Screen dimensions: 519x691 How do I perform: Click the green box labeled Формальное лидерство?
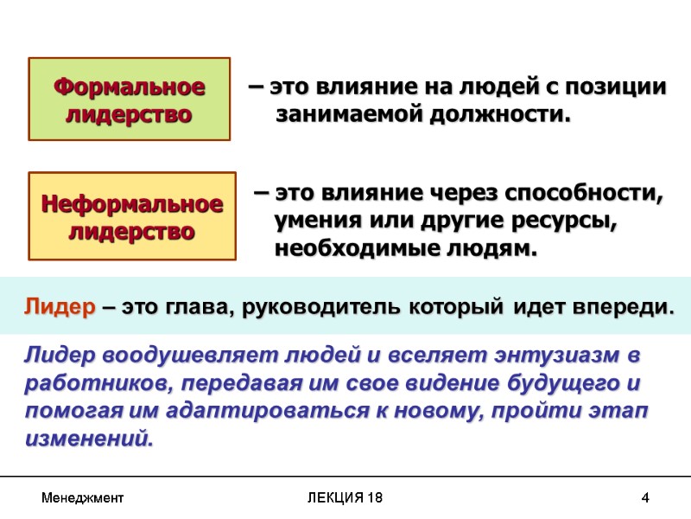130,99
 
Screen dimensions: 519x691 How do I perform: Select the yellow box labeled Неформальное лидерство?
132,216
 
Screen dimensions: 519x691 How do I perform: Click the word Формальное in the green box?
130,86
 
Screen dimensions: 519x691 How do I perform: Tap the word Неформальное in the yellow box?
132,204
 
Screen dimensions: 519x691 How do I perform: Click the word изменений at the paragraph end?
89,439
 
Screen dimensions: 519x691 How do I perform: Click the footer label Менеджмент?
82,499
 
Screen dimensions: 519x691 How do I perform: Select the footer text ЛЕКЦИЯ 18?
345,499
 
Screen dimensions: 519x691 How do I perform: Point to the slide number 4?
644,499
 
